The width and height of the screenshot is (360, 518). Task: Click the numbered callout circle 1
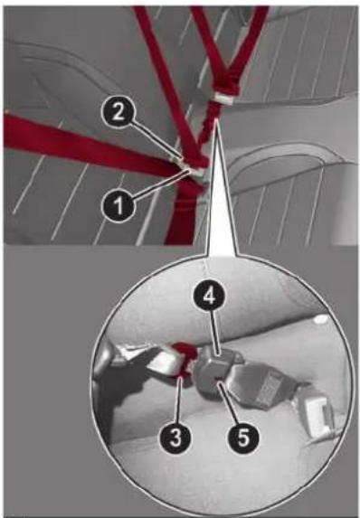[x=118, y=205]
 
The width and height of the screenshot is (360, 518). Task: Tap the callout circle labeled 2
[x=118, y=112]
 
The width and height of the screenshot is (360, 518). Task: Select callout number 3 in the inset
[x=175, y=438]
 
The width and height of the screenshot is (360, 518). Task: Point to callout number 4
[x=209, y=297]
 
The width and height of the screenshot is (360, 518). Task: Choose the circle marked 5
[x=243, y=438]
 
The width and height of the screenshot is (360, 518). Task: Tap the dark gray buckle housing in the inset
[x=216, y=372]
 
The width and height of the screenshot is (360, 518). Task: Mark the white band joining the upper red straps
[x=223, y=99]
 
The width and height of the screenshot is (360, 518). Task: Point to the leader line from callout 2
[x=156, y=141]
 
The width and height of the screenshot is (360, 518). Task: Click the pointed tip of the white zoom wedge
[x=215, y=119]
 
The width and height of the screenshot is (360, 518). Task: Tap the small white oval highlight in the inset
[x=321, y=319]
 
